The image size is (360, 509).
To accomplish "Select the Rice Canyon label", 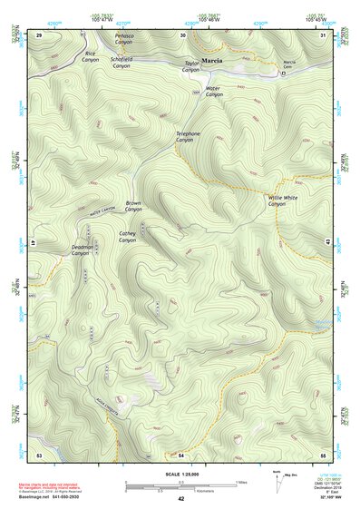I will [x=90, y=57].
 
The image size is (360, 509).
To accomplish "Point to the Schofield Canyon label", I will [x=122, y=63].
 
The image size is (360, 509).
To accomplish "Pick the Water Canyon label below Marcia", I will [x=213, y=92].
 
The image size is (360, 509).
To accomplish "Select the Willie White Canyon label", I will [x=282, y=201].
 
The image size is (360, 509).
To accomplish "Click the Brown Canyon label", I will [x=133, y=206].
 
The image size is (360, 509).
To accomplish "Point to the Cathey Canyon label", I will [x=127, y=236].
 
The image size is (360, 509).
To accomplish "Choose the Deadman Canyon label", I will [x=82, y=250].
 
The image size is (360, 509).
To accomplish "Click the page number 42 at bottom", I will [x=181, y=499].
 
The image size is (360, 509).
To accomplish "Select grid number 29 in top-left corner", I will [x=39, y=34].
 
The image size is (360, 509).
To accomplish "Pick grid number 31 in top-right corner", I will [x=324, y=34].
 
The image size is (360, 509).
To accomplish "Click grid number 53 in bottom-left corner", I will [x=39, y=454].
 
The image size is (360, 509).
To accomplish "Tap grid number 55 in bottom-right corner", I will [x=323, y=454].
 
